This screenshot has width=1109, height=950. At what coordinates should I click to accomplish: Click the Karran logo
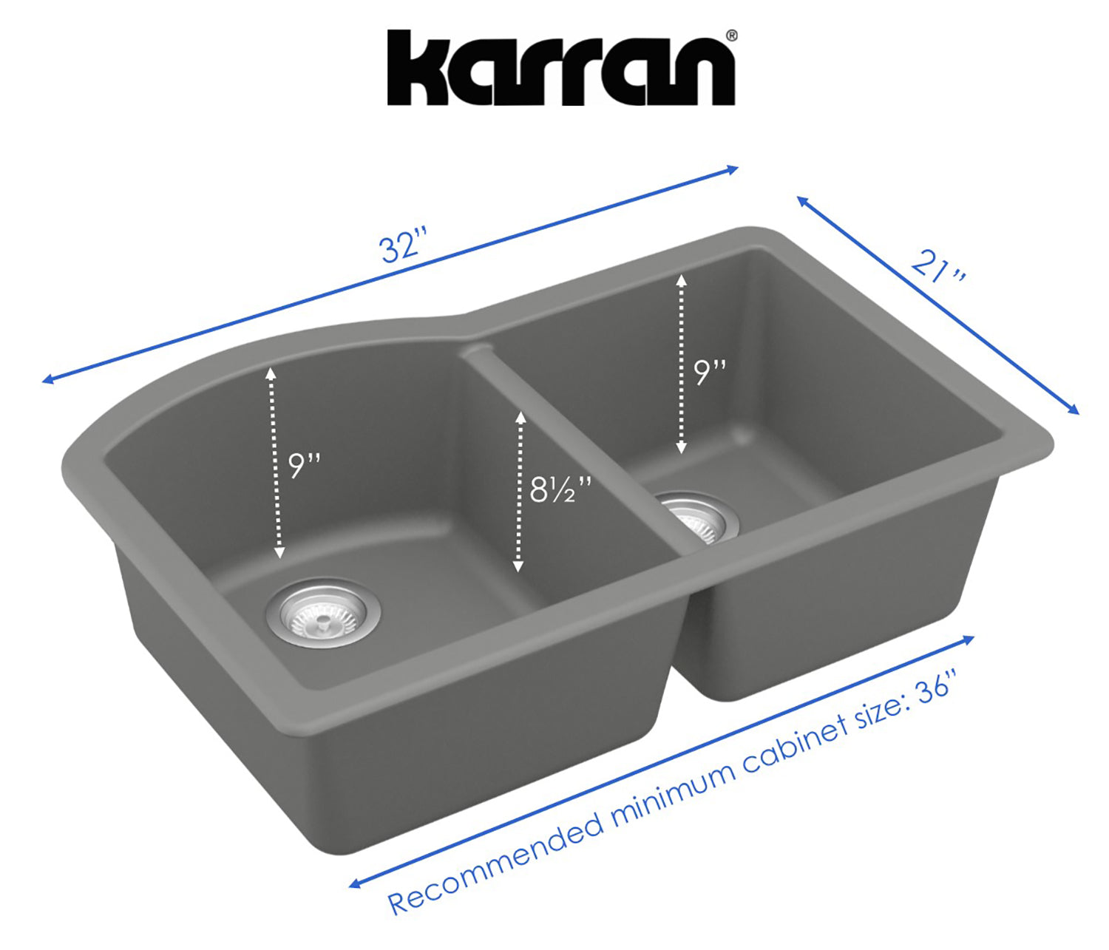pos(560,68)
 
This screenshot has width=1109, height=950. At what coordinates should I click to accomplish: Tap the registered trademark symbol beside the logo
pos(731,35)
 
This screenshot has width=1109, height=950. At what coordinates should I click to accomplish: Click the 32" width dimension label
pos(404,246)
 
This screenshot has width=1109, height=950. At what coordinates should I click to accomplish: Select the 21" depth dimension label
pos(937,267)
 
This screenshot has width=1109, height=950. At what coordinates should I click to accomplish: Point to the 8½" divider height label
pos(560,489)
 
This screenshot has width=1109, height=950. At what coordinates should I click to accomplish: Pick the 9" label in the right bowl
pos(710,372)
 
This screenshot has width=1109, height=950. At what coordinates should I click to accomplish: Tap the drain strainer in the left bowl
pos(322,613)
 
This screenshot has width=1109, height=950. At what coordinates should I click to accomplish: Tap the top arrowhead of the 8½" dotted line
pos(520,416)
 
